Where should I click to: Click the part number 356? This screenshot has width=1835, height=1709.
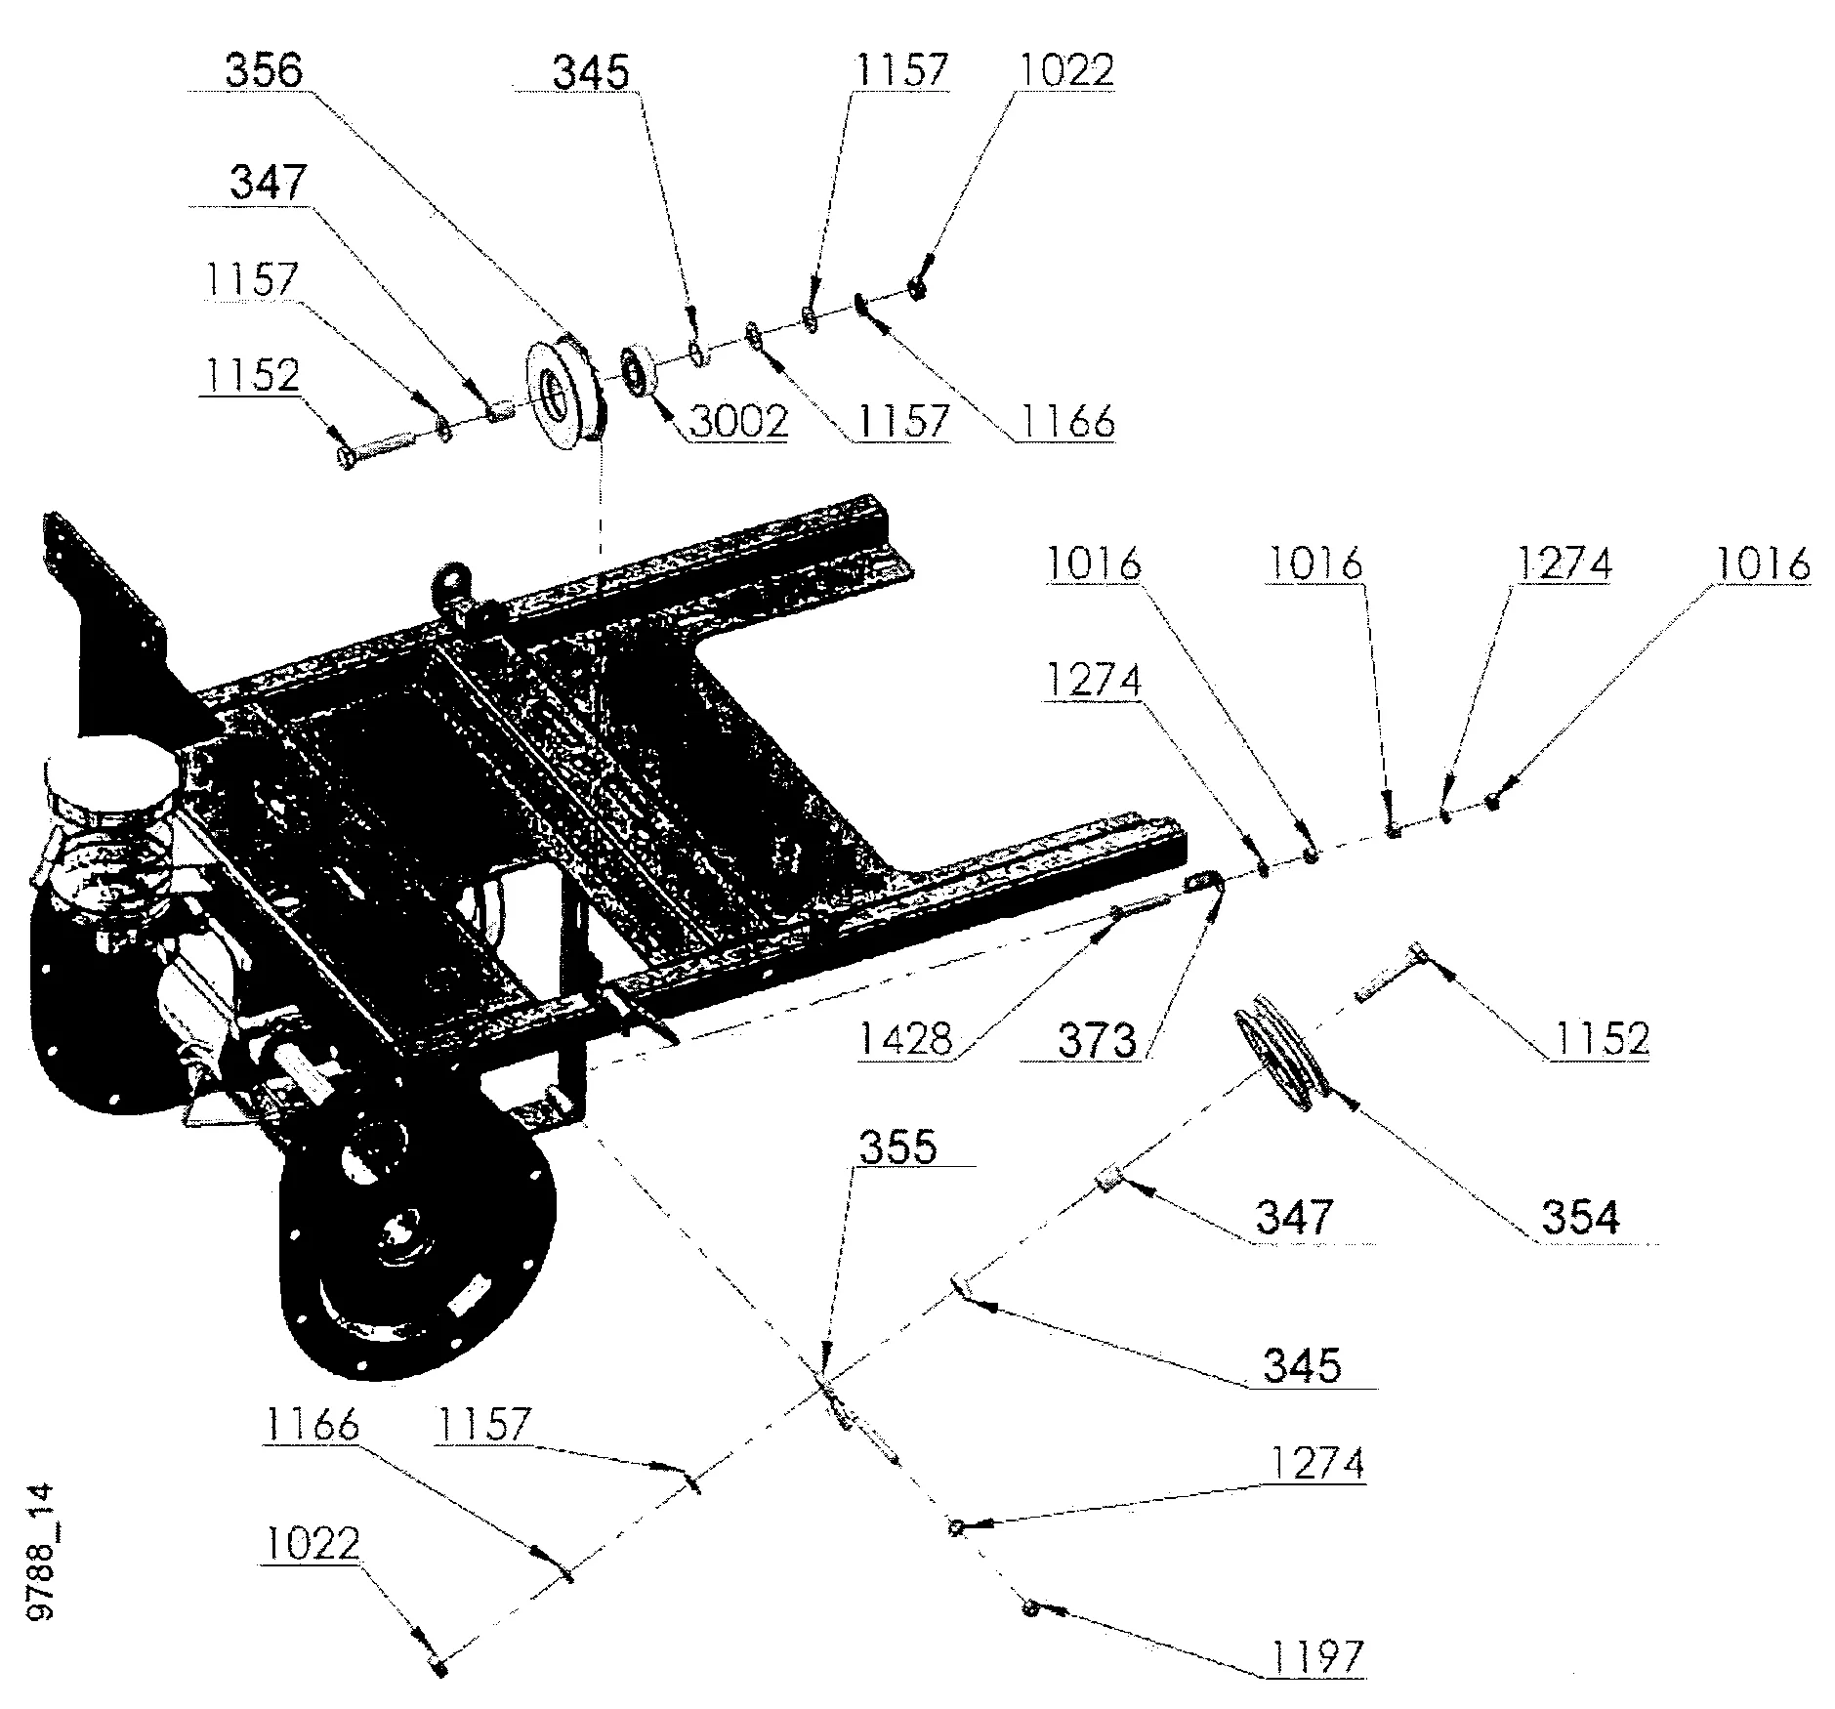265,71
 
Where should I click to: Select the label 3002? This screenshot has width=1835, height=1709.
738,421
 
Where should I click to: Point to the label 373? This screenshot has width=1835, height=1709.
1097,1040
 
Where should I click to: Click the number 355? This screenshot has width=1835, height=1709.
897,1147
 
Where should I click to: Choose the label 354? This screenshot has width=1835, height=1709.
1579,1218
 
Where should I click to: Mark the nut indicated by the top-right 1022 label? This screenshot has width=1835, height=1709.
916,288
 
